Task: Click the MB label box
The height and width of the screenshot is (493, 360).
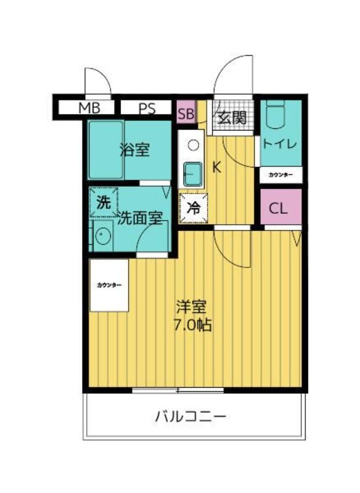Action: (x=86, y=107)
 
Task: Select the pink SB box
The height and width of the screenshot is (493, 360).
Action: (x=186, y=112)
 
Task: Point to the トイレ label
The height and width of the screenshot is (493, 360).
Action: (x=280, y=144)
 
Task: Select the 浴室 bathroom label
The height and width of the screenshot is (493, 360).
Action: (x=135, y=150)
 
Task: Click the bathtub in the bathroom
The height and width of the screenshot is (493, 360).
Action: (x=105, y=150)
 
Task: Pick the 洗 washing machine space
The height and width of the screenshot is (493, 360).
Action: (x=104, y=203)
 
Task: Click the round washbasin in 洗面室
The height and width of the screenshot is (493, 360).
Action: (x=103, y=235)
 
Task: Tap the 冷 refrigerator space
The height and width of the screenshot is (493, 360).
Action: (x=194, y=208)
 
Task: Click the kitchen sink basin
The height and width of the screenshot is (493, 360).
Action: (x=192, y=174)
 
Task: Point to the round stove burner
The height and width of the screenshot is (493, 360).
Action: (x=193, y=145)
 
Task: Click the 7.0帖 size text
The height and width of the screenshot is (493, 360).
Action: (x=193, y=325)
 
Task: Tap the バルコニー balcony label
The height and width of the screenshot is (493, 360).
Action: (x=191, y=417)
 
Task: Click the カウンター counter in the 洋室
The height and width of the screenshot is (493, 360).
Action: (x=108, y=285)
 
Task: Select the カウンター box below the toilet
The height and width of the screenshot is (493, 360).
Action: (x=280, y=175)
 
